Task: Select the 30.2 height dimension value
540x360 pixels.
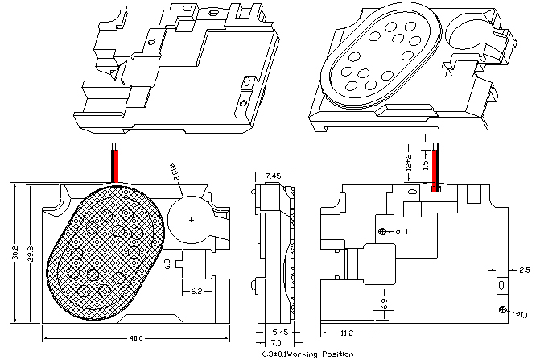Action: point(14,252)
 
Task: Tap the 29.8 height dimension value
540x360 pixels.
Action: point(31,253)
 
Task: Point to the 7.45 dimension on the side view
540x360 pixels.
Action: point(272,175)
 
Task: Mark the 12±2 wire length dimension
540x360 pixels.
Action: point(408,165)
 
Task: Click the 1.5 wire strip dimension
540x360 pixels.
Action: point(426,162)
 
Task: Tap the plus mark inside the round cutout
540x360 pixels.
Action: point(191,219)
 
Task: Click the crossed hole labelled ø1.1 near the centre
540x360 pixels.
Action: point(383,232)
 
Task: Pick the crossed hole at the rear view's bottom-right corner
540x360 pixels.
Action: point(503,310)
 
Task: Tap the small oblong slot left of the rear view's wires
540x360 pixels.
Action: point(414,192)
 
